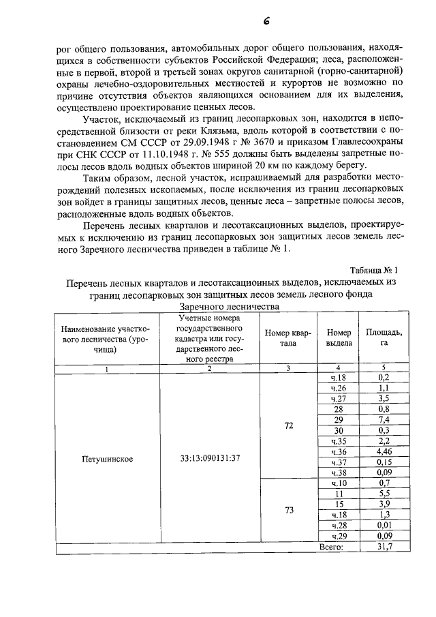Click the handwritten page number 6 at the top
tap(266, 20)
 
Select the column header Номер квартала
tap(288, 338)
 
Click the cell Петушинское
tap(106, 458)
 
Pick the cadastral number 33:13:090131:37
tap(208, 458)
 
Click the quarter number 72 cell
tap(288, 425)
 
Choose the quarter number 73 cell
tap(288, 510)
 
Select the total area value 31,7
tap(384, 547)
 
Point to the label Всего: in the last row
tap(332, 547)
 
